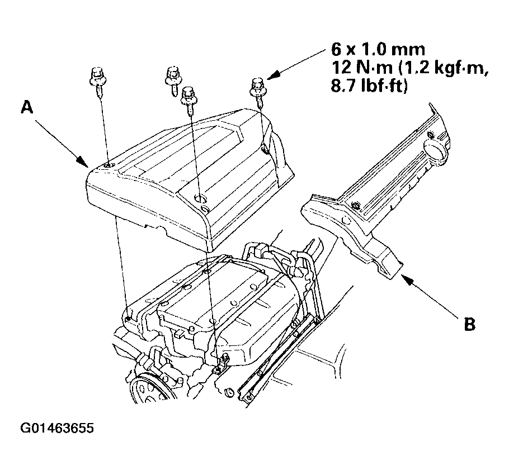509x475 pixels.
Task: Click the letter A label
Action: click(27, 107)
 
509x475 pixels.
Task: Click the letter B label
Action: click(469, 324)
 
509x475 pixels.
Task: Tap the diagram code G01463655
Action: click(57, 428)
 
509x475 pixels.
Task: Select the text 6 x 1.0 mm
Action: click(378, 50)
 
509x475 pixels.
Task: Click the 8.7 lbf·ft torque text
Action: click(369, 87)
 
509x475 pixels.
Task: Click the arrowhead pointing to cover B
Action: click(407, 278)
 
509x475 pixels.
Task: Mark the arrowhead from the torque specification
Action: click(274, 75)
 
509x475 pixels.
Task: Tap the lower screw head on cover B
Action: click(356, 206)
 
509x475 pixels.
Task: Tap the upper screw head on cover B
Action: click(431, 135)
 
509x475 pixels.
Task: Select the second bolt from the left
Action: click(173, 80)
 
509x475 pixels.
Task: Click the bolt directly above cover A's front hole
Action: click(187, 101)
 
